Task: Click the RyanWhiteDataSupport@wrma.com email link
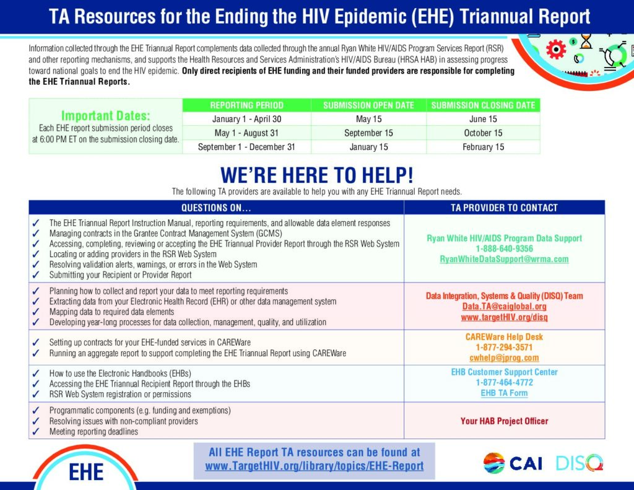coord(504,259)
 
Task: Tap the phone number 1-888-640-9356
coord(504,248)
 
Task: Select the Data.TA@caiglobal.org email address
coord(504,306)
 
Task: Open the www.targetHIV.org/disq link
coord(504,317)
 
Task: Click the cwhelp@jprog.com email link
coord(504,357)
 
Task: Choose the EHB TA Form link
coord(504,393)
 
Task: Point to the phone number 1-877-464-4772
coord(504,382)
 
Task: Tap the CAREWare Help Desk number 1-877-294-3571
coord(504,347)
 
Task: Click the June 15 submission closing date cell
coord(483,119)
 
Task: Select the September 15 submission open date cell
coord(369,133)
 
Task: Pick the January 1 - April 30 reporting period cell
coord(246,119)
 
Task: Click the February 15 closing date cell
coord(483,147)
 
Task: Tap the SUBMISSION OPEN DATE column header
coord(369,105)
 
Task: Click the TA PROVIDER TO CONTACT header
coord(504,208)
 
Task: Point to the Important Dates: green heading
coord(105,116)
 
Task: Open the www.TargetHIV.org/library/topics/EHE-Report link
coord(314,466)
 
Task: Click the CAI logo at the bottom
coord(513,463)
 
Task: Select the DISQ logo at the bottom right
coord(580,463)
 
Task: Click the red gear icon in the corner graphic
coord(556,50)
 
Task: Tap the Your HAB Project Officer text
coord(504,421)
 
